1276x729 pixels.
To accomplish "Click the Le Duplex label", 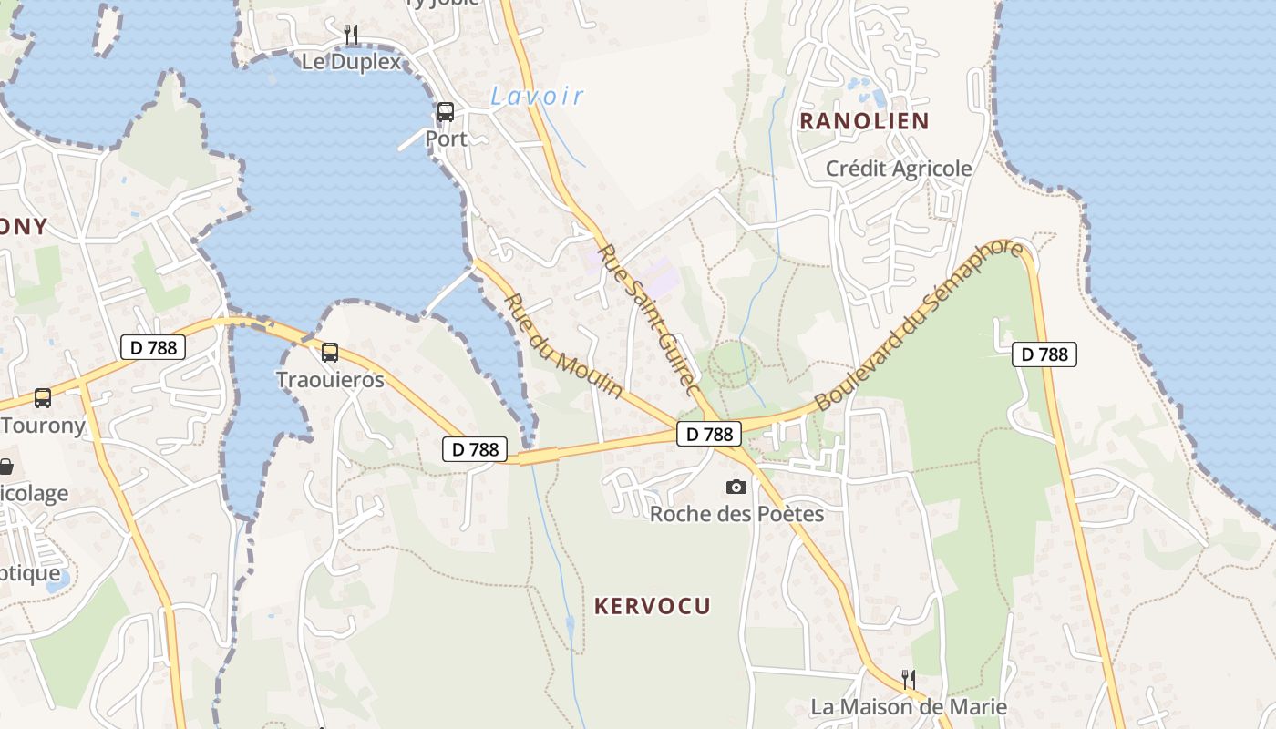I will tap(351, 62).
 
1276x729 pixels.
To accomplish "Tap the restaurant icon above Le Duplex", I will tap(351, 35).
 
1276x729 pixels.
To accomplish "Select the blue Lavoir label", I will tap(537, 96).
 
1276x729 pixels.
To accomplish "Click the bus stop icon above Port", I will tap(446, 112).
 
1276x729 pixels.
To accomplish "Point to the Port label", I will tap(446, 139).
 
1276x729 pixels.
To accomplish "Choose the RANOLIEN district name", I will tap(864, 120).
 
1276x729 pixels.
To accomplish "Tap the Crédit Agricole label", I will tap(899, 169).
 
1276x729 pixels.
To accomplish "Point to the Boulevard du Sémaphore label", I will tap(919, 324).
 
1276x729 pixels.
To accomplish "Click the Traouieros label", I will tap(330, 380).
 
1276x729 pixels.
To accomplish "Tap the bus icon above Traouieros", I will tap(330, 352).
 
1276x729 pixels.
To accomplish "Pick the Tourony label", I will tap(44, 425).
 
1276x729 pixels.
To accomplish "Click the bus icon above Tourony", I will tap(43, 398).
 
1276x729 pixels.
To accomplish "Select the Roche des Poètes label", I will tap(736, 514).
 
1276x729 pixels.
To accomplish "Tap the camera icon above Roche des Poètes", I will tap(736, 488).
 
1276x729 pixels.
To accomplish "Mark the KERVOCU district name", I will tap(653, 606).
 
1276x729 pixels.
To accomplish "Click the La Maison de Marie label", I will tap(909, 706).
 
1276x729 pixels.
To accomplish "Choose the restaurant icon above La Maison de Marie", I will tap(909, 679).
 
